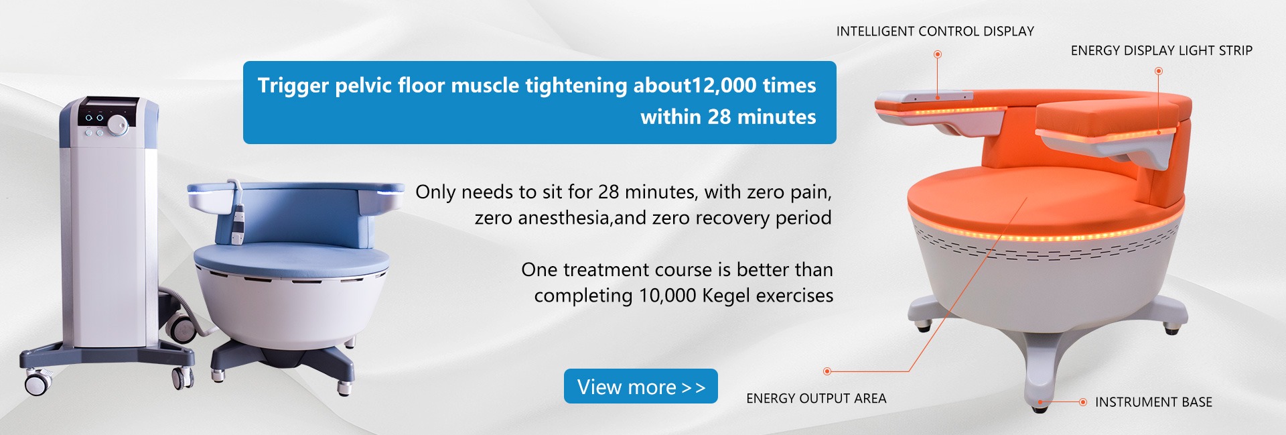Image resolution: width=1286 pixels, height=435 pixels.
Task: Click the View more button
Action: (x=640, y=386)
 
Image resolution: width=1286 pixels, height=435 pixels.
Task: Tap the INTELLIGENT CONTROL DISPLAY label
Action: (x=935, y=32)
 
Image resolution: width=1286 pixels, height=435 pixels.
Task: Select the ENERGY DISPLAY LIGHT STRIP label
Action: (x=1161, y=51)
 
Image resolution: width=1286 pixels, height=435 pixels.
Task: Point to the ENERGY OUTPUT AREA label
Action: (x=816, y=398)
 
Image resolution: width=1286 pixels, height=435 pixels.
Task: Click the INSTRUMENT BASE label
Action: (x=1153, y=402)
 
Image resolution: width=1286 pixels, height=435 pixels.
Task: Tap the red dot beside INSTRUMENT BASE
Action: (x=1082, y=402)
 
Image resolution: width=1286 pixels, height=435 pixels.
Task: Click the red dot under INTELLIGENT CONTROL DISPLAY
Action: (x=938, y=54)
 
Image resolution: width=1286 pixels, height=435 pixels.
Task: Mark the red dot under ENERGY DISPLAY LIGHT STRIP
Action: (x=1159, y=70)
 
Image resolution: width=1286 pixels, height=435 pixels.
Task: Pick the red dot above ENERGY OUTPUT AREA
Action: (x=827, y=371)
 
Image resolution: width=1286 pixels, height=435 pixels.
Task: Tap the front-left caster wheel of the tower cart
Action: (x=37, y=383)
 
